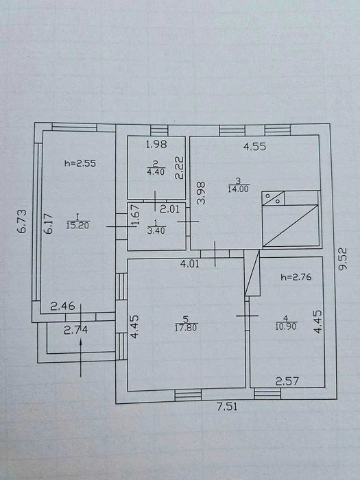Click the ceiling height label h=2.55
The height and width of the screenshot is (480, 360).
point(80,163)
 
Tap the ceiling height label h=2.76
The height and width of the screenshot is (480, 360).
point(296,277)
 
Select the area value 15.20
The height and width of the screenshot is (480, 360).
point(77,226)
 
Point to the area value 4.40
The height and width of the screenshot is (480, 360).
point(156,171)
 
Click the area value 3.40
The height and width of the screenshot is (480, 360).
point(156,230)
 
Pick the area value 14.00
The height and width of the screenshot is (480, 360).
point(238,189)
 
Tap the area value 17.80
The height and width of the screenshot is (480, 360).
point(186,328)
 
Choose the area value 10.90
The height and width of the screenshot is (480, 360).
point(286,326)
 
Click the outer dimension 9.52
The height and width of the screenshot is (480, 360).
point(343,259)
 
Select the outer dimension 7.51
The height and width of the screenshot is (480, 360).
point(227,407)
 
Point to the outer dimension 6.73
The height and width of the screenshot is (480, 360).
point(22,221)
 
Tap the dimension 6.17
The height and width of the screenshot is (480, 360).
point(48,224)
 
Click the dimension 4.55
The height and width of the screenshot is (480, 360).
point(254,147)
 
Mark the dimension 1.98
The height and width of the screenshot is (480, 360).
point(156,144)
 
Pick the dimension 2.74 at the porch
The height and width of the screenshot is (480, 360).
point(75,330)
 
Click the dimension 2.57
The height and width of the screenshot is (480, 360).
point(287,381)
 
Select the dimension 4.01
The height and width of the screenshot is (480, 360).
point(190,263)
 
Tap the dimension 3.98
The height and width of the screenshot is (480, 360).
point(201,193)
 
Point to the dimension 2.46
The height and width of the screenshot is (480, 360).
point(62,306)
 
